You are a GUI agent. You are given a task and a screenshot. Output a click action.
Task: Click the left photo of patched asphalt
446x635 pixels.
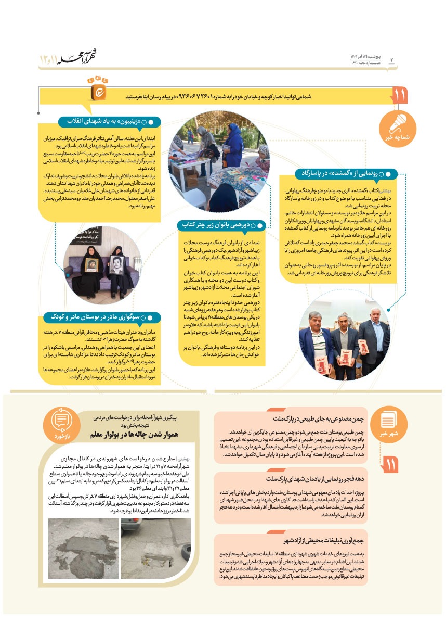tap(83, 548)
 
